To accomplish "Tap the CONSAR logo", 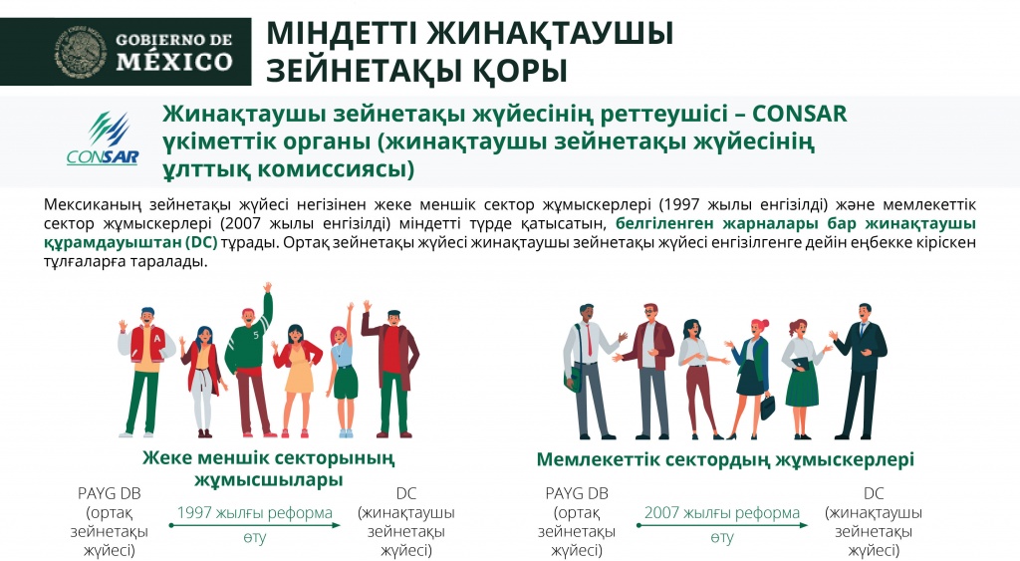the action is (103, 139).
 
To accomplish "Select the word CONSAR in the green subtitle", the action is (800, 114).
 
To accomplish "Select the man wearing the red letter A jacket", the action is (145, 372).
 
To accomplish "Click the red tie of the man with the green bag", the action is (590, 341).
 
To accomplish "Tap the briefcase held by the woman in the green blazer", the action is (768, 407).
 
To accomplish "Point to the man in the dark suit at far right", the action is (860, 372).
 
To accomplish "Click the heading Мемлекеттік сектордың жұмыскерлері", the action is (725, 459).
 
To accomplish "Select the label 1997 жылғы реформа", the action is (255, 513).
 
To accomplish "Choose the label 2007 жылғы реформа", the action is (722, 513).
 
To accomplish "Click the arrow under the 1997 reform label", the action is (255, 525).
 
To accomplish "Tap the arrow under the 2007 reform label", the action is (722, 525).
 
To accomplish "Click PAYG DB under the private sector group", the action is (110, 494).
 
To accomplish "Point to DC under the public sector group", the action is (874, 494).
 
